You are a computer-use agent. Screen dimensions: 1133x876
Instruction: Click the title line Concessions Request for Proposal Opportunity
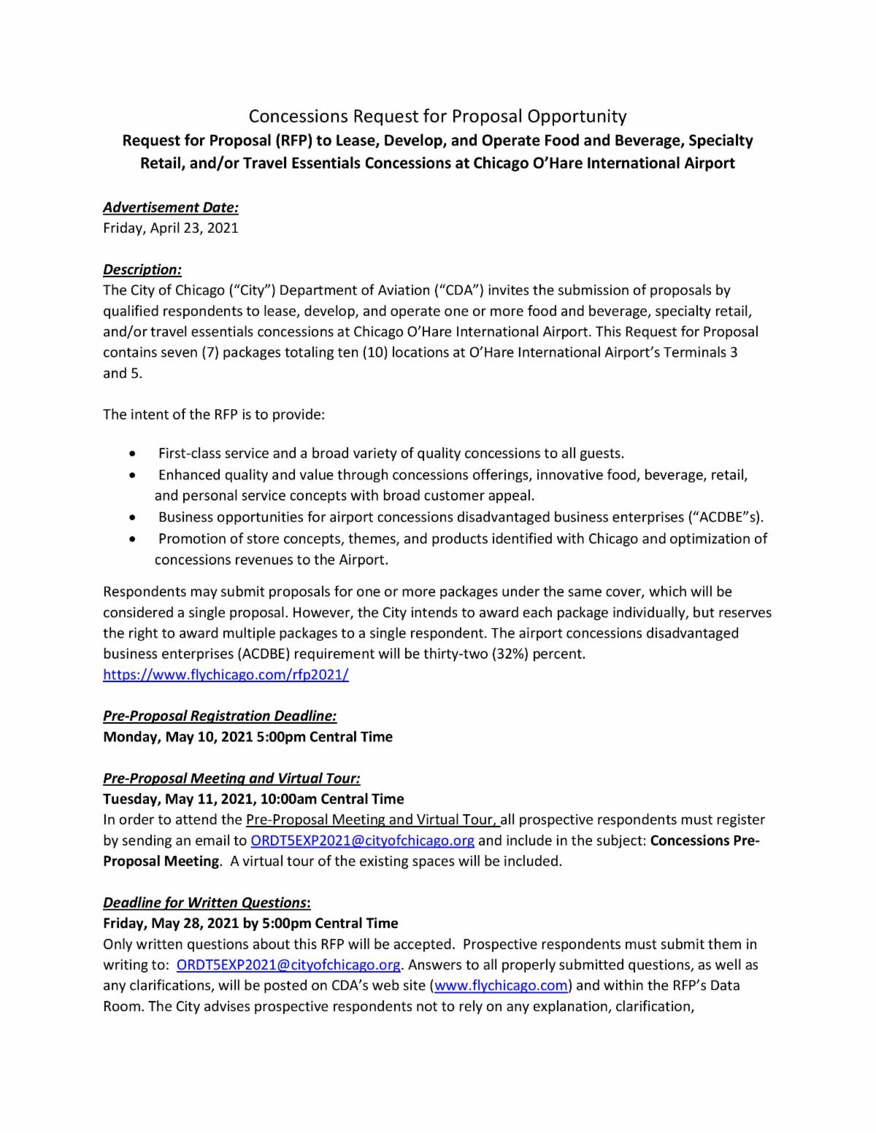tap(437, 116)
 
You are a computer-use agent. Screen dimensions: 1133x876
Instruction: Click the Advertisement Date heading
tap(171, 207)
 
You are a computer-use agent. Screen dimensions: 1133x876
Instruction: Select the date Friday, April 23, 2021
tap(171, 228)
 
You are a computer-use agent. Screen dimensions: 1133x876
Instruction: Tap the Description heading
tap(142, 269)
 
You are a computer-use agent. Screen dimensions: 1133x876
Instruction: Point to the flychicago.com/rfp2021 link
tap(226, 675)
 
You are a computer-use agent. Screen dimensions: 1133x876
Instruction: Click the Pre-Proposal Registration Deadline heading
tap(220, 716)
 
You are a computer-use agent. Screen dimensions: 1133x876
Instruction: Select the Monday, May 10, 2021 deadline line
tap(247, 737)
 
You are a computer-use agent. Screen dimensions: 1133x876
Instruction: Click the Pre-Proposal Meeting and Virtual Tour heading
tap(231, 778)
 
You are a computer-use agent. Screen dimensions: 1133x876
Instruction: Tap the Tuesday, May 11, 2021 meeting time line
tap(253, 799)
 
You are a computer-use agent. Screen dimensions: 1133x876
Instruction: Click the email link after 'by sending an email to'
tap(362, 840)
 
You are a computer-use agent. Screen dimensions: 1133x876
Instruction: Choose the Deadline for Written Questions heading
tap(207, 902)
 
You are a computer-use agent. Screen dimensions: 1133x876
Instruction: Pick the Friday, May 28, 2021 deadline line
tap(250, 924)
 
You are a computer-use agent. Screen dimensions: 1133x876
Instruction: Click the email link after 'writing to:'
tap(288, 965)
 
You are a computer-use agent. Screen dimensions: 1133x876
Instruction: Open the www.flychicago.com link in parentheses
tap(501, 986)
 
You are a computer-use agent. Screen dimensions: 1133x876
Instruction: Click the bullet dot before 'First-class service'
tap(131, 454)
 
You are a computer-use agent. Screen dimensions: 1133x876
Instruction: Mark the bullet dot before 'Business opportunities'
tap(131, 517)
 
